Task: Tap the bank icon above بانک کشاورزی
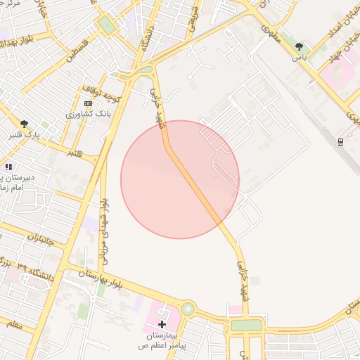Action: click(x=88, y=103)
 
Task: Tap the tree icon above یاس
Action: click(x=300, y=46)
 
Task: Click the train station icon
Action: click(x=341, y=141)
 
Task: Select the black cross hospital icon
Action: click(x=162, y=324)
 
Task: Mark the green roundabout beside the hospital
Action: click(x=188, y=308)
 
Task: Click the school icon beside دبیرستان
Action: click(x=8, y=167)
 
